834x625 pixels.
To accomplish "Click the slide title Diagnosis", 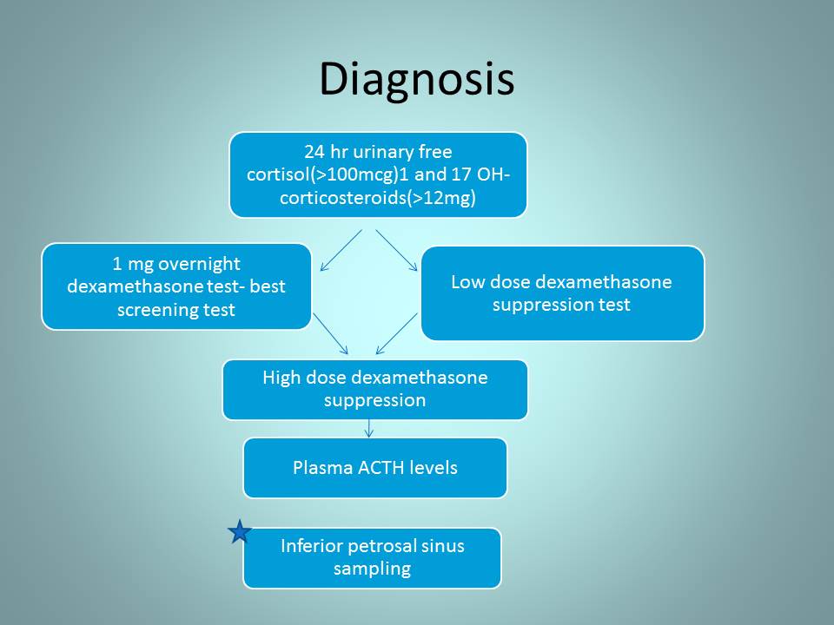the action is coord(416,79).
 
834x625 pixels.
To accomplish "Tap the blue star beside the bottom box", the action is coord(240,531).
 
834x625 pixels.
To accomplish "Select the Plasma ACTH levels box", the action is coord(375,468).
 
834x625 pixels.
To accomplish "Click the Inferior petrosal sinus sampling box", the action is coord(373,557).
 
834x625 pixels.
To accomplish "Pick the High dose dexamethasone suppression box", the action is coord(375,390).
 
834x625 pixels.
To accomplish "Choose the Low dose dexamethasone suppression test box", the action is coord(563,293).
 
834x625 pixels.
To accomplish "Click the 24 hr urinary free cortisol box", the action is coord(378,174).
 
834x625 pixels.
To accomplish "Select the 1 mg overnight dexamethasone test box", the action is coord(176,286).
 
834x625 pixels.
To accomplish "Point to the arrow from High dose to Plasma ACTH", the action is coord(369,428).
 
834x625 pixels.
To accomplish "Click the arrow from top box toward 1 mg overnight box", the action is coord(341,250).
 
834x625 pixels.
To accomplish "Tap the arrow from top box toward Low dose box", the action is coord(397,250).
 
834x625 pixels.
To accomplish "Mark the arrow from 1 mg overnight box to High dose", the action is coord(330,333).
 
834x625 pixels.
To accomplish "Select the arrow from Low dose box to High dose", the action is coord(397,333).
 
